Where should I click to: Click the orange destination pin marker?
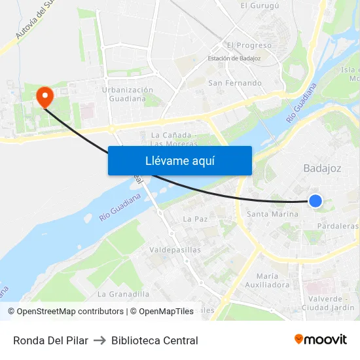[45, 98]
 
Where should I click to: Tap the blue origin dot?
[315, 201]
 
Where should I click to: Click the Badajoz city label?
[322, 168]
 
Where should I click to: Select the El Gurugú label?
[259, 6]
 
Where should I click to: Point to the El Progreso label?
[249, 45]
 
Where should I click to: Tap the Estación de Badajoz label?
[234, 59]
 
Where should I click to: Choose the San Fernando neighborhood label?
[234, 83]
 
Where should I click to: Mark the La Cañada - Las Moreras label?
[170, 139]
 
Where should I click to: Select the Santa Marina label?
[272, 214]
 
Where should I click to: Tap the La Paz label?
[195, 219]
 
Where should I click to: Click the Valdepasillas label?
[175, 249]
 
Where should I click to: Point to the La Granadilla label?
[123, 294]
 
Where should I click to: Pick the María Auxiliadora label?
[273, 280]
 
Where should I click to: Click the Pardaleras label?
[337, 226]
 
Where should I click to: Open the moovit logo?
[320, 340]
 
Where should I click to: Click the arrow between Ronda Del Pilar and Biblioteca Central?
[99, 340]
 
